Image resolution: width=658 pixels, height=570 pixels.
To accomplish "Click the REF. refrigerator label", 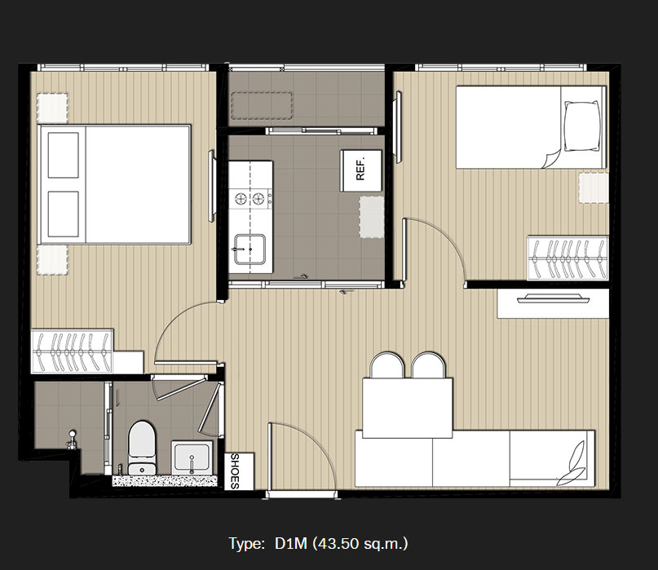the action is (360, 169).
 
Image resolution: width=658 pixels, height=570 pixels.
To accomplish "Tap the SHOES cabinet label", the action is (235, 471).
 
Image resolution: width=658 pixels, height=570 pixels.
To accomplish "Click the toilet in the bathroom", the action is (141, 448).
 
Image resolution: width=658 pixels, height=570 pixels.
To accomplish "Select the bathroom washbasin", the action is (192, 457).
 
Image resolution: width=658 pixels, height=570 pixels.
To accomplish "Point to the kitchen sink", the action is (250, 250).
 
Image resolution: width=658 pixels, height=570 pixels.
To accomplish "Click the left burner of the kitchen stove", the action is (241, 197).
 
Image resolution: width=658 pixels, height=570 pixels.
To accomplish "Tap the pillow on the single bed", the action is (581, 126).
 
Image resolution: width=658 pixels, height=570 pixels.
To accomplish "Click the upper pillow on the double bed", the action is (64, 155).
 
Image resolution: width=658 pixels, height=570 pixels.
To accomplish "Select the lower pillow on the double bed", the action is (64, 214).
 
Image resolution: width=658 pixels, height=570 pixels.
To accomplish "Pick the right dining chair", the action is (428, 365).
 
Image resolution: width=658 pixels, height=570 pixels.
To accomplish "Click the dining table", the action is (408, 408).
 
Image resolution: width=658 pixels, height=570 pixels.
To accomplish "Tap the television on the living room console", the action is (553, 298).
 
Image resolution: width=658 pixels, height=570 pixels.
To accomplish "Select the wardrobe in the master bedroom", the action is (72, 351).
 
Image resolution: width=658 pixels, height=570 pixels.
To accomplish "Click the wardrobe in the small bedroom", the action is (567, 258).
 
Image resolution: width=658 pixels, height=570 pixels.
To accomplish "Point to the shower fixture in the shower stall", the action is (71, 440).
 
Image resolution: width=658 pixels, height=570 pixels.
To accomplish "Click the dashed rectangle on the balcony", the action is (262, 106).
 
